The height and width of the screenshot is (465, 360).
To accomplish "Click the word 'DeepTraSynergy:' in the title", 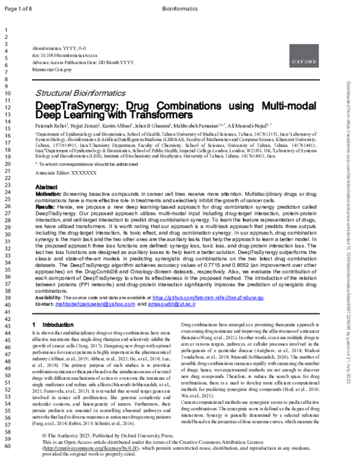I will pos(73,106).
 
